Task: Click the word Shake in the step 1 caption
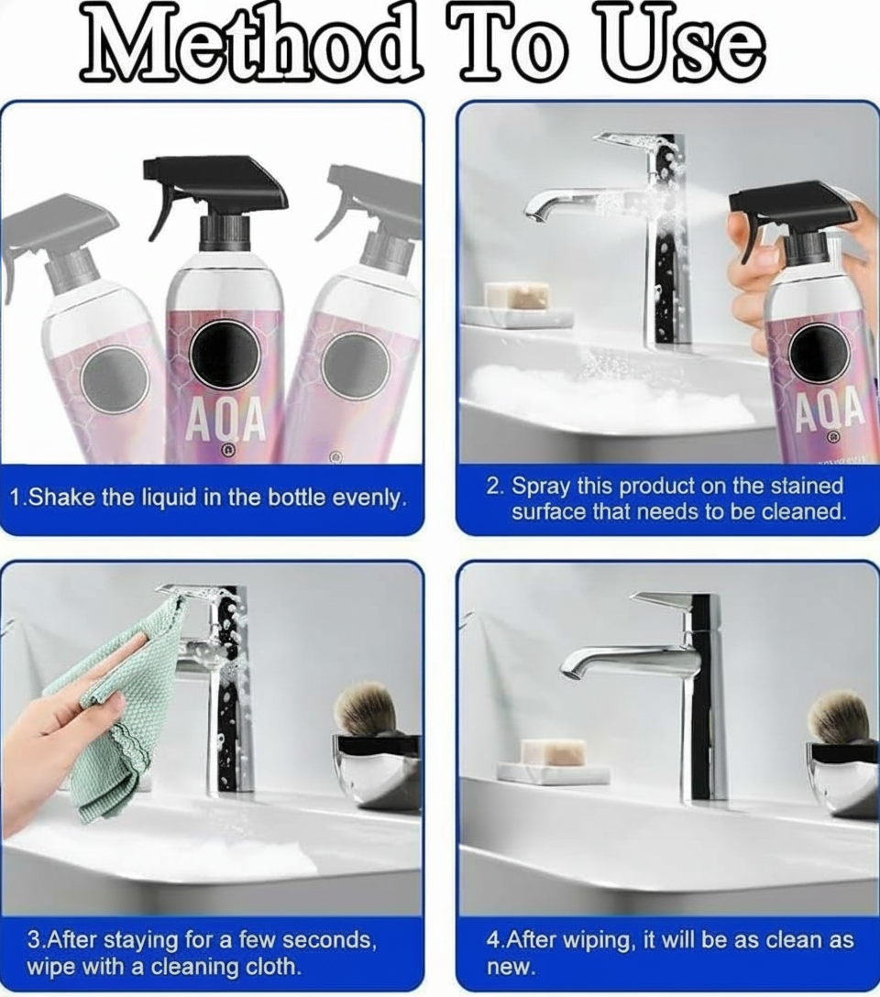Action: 64,498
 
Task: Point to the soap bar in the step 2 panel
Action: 517,295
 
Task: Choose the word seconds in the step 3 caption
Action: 330,940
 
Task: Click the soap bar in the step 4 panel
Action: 553,752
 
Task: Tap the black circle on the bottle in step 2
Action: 818,352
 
